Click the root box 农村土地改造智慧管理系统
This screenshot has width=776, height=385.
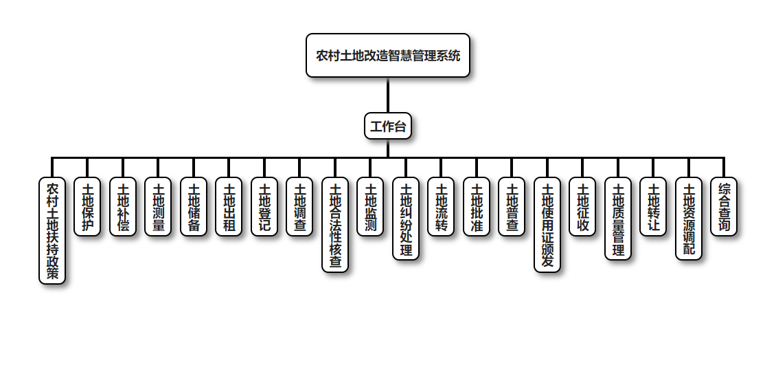(x=388, y=56)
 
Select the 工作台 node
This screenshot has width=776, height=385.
(x=388, y=126)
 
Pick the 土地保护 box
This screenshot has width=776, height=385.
(x=87, y=207)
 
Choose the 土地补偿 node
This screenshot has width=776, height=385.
(x=123, y=207)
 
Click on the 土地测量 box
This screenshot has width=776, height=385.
(x=158, y=207)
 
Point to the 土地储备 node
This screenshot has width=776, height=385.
(x=194, y=207)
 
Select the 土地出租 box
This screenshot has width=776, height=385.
(x=229, y=207)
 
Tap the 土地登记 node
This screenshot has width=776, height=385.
(x=264, y=207)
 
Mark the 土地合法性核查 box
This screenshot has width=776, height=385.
(x=335, y=225)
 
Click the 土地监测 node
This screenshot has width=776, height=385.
(x=370, y=207)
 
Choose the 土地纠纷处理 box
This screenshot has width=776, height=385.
(x=406, y=219)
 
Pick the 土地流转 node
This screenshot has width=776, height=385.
(x=441, y=207)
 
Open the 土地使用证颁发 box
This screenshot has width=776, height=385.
(x=547, y=225)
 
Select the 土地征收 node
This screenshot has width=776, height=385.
(x=582, y=207)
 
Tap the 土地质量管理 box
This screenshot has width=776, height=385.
(x=618, y=219)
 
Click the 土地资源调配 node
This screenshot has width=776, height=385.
(x=689, y=219)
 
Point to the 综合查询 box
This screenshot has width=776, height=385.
(x=724, y=207)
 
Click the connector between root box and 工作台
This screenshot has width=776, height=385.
(x=388, y=95)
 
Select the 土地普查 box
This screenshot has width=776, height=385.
(x=512, y=207)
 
